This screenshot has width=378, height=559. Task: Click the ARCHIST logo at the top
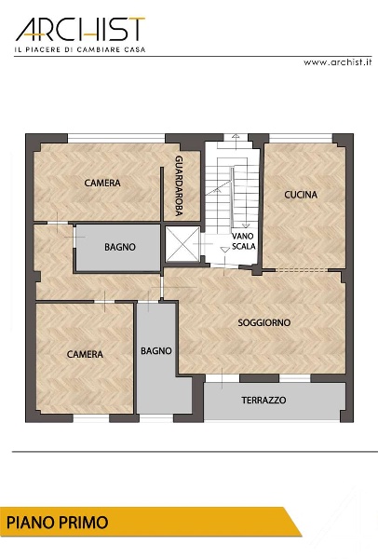click(80, 29)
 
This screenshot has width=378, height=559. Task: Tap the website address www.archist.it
click(337, 62)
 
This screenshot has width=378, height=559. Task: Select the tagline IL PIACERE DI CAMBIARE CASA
click(80, 49)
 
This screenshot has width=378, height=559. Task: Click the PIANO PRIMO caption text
click(58, 523)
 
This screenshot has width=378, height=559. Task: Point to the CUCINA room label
click(301, 195)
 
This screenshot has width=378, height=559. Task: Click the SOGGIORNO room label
click(264, 322)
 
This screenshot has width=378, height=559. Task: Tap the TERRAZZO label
click(263, 400)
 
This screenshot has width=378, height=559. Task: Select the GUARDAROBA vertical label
click(179, 185)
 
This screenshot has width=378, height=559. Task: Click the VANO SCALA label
click(244, 241)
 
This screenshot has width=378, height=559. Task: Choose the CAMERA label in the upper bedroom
click(102, 183)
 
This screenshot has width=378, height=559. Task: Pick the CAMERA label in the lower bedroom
click(85, 354)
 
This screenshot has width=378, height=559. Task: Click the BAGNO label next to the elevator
click(120, 247)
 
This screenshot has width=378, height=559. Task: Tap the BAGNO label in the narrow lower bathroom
click(156, 351)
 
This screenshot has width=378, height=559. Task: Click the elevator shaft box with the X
click(183, 244)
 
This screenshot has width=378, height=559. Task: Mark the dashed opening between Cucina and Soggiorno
click(302, 270)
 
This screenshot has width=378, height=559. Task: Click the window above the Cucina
click(301, 138)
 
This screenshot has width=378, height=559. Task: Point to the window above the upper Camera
click(116, 138)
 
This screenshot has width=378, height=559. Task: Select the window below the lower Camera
click(91, 418)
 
